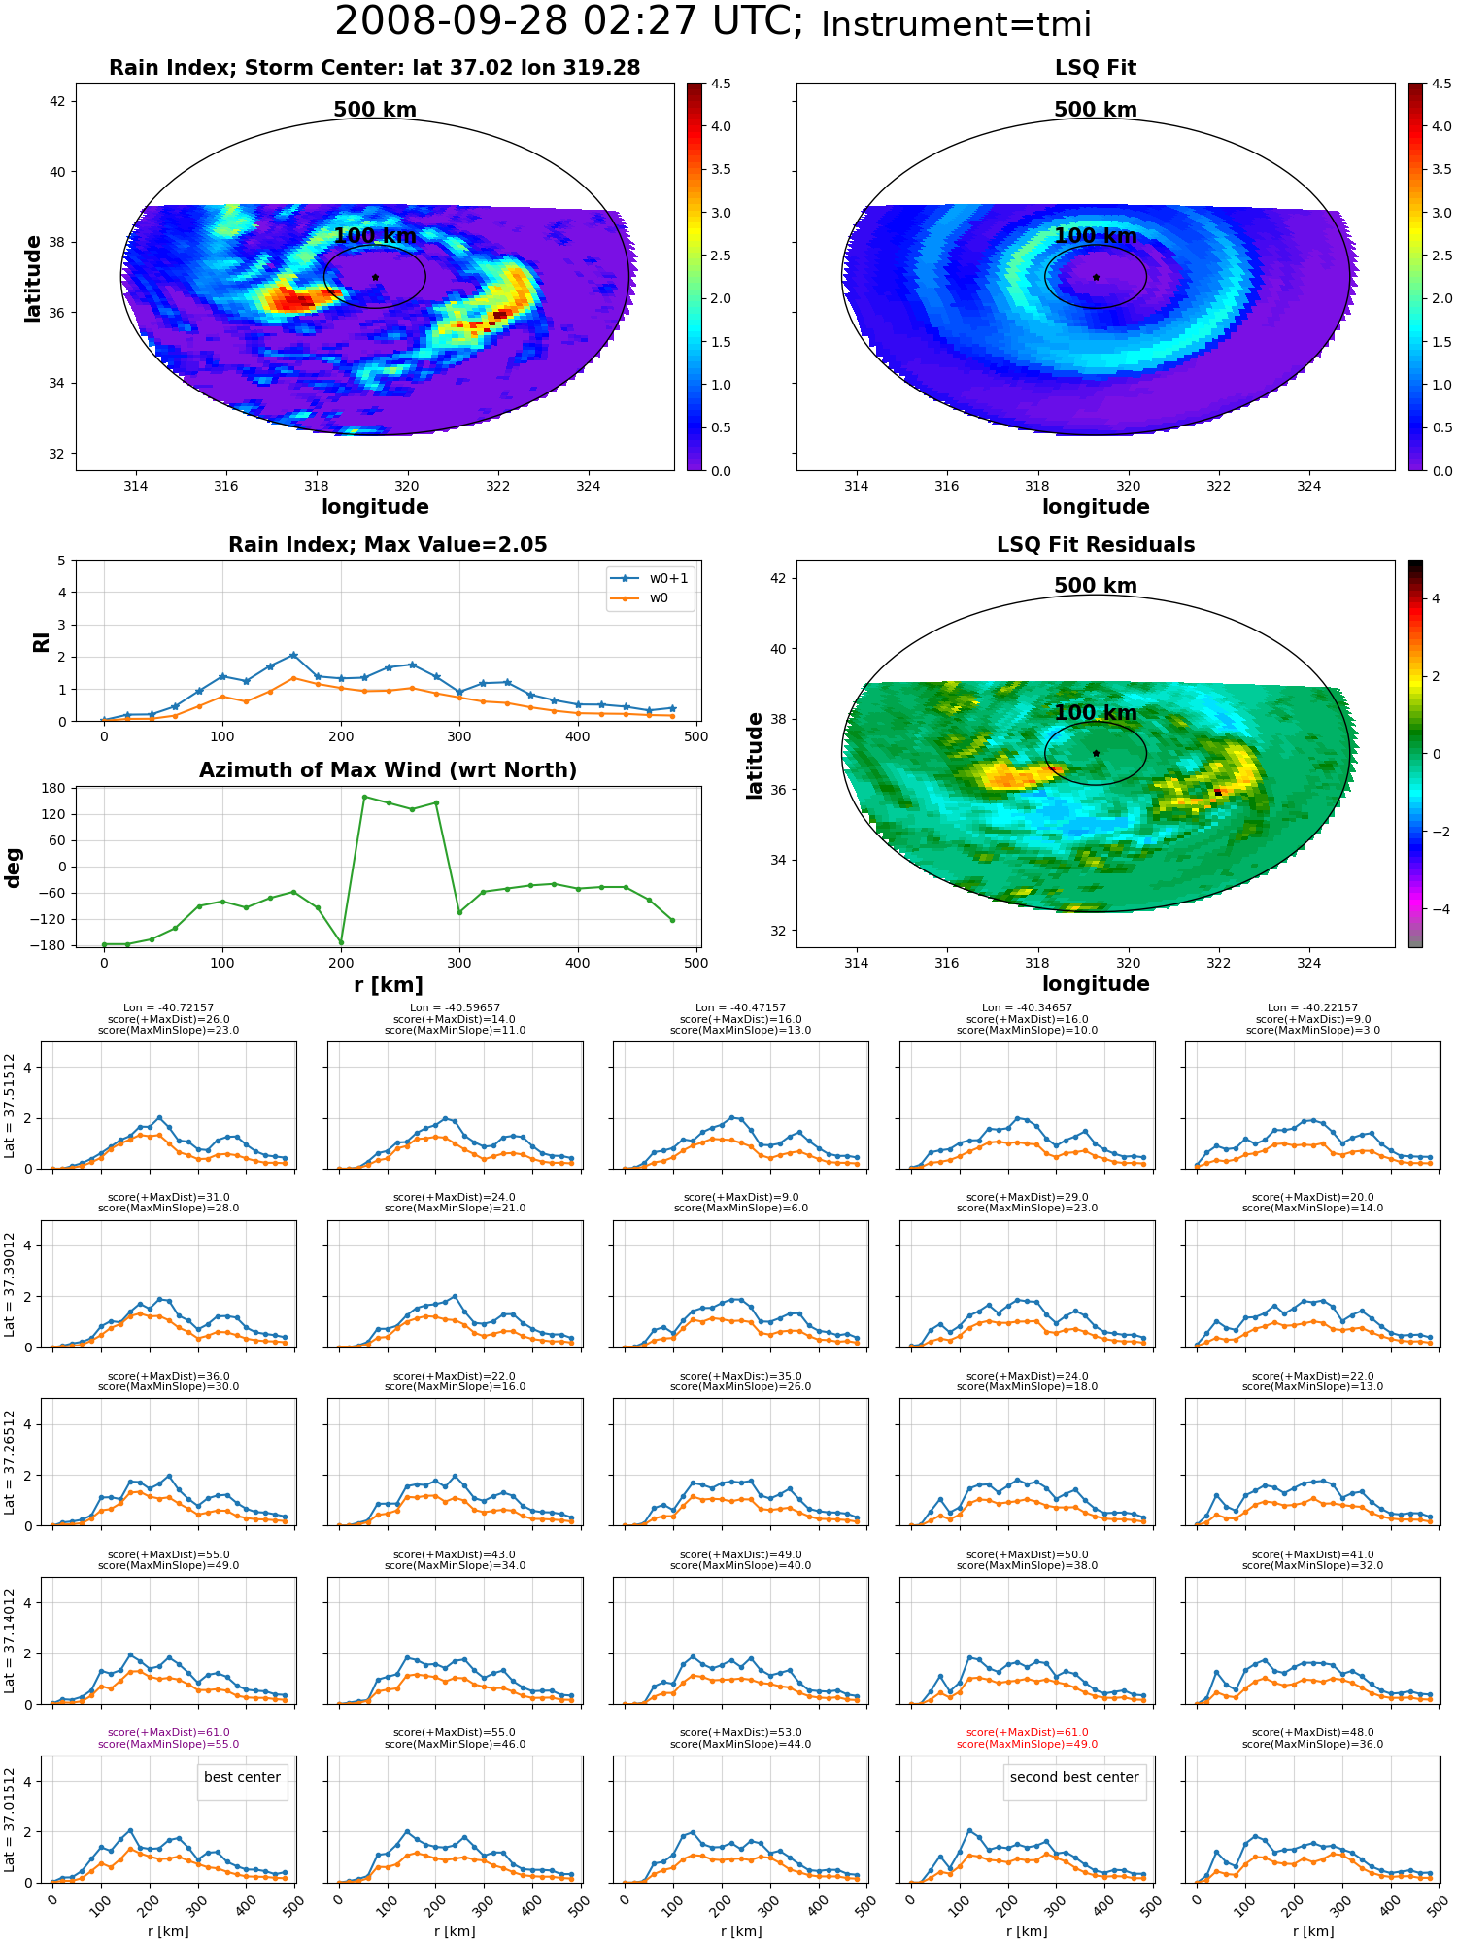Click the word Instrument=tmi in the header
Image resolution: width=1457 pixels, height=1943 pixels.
pyautogui.click(x=956, y=25)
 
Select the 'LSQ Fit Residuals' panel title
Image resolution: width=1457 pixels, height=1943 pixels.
pyautogui.click(x=1096, y=545)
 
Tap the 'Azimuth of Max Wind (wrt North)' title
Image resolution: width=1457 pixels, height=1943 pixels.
pyautogui.click(x=388, y=770)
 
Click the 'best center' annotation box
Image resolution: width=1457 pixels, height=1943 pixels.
pyautogui.click(x=242, y=1778)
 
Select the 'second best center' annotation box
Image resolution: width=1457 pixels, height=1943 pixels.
pyautogui.click(x=1074, y=1778)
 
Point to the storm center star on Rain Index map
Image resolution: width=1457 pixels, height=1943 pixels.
pyautogui.click(x=375, y=277)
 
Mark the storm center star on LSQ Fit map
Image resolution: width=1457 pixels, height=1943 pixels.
pyautogui.click(x=1096, y=277)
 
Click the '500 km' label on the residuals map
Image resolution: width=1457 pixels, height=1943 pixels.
pyautogui.click(x=1096, y=586)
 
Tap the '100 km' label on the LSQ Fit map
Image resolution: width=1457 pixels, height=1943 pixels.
pyautogui.click(x=1096, y=236)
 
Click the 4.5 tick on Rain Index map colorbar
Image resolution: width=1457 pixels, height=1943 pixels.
pyautogui.click(x=721, y=84)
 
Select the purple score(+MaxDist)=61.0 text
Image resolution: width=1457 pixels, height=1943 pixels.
pyautogui.click(x=169, y=1732)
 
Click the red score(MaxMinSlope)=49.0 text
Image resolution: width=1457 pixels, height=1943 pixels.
pyautogui.click(x=1028, y=1744)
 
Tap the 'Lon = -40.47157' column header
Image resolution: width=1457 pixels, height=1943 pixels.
pyautogui.click(x=741, y=1008)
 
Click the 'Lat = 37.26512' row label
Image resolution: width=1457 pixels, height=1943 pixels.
pyautogui.click(x=10, y=1462)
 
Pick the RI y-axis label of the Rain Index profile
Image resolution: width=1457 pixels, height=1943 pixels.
pyautogui.click(x=41, y=641)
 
